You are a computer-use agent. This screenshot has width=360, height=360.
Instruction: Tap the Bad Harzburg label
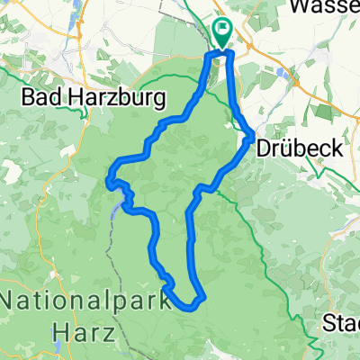point(79,95)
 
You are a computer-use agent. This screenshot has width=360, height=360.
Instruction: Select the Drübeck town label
point(299,148)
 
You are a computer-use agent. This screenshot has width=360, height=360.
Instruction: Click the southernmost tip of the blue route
point(191,307)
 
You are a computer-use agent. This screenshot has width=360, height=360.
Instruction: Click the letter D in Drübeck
point(264,148)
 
